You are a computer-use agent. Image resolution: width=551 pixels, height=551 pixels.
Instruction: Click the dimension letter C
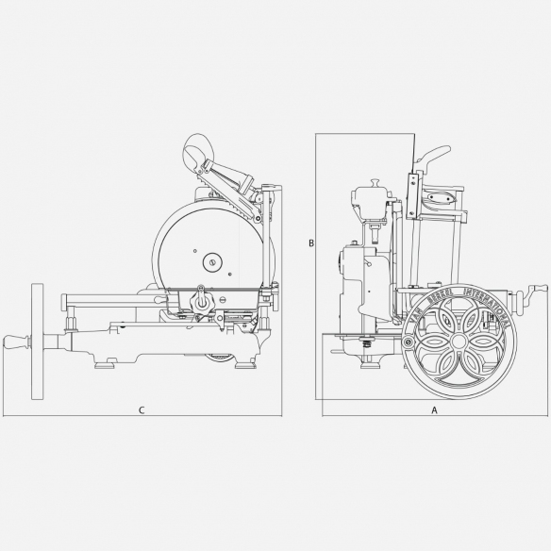(141, 409)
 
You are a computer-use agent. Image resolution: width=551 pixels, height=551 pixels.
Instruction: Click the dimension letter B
(310, 243)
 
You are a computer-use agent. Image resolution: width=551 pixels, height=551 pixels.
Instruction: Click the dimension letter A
(434, 410)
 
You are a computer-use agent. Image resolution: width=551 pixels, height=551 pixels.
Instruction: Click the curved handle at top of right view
(429, 155)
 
